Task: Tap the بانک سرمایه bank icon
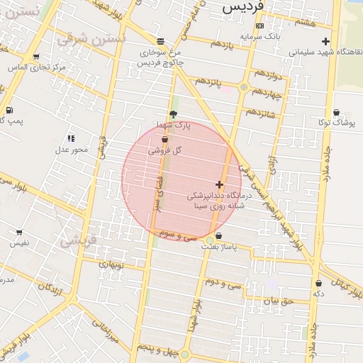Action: (259, 26)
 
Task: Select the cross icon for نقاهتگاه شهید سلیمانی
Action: (325, 41)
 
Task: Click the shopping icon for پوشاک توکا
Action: (336, 112)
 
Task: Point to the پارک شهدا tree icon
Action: (174, 115)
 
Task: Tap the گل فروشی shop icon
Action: (165, 140)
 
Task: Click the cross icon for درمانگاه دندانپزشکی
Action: (220, 184)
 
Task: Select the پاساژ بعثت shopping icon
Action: (218, 236)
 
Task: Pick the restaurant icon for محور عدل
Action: (71, 138)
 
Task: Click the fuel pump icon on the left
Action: (9, 110)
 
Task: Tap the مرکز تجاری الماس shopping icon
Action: (36, 57)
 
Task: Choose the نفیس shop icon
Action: (19, 232)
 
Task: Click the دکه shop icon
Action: (318, 283)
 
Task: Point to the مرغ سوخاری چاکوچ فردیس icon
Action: (161, 41)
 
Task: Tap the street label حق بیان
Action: (277, 301)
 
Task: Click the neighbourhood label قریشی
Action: (77, 240)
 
